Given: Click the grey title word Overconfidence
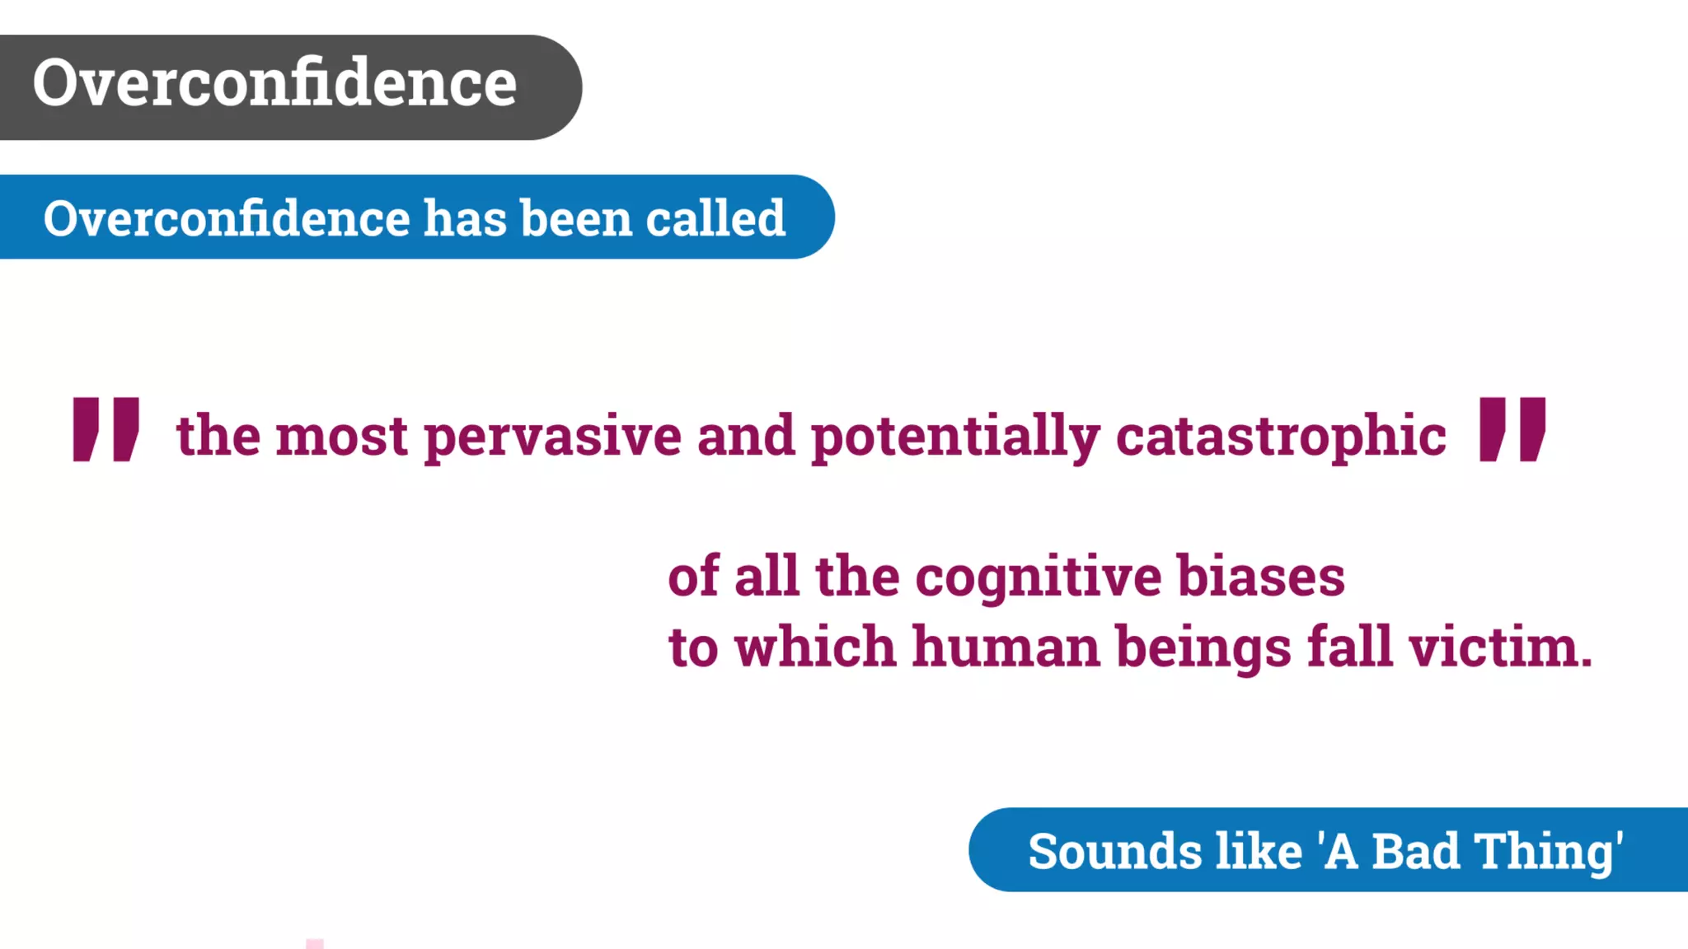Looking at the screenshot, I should (x=274, y=83).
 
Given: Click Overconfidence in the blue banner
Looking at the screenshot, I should (x=227, y=219).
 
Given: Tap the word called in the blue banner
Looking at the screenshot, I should (x=715, y=219).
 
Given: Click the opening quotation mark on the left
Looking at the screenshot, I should (x=105, y=428).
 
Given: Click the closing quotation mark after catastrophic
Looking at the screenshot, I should (x=1512, y=428).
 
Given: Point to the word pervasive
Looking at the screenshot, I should (x=552, y=437).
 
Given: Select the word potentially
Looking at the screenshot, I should (x=954, y=437).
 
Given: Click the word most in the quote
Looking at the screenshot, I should (x=341, y=437).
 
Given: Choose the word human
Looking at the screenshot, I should (x=1006, y=647).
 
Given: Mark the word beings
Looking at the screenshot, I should (x=1203, y=649).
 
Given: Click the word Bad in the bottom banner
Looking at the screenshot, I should (x=1415, y=852).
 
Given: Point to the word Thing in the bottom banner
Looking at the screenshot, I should (x=1544, y=852).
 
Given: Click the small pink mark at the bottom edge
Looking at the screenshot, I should (x=315, y=943).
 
